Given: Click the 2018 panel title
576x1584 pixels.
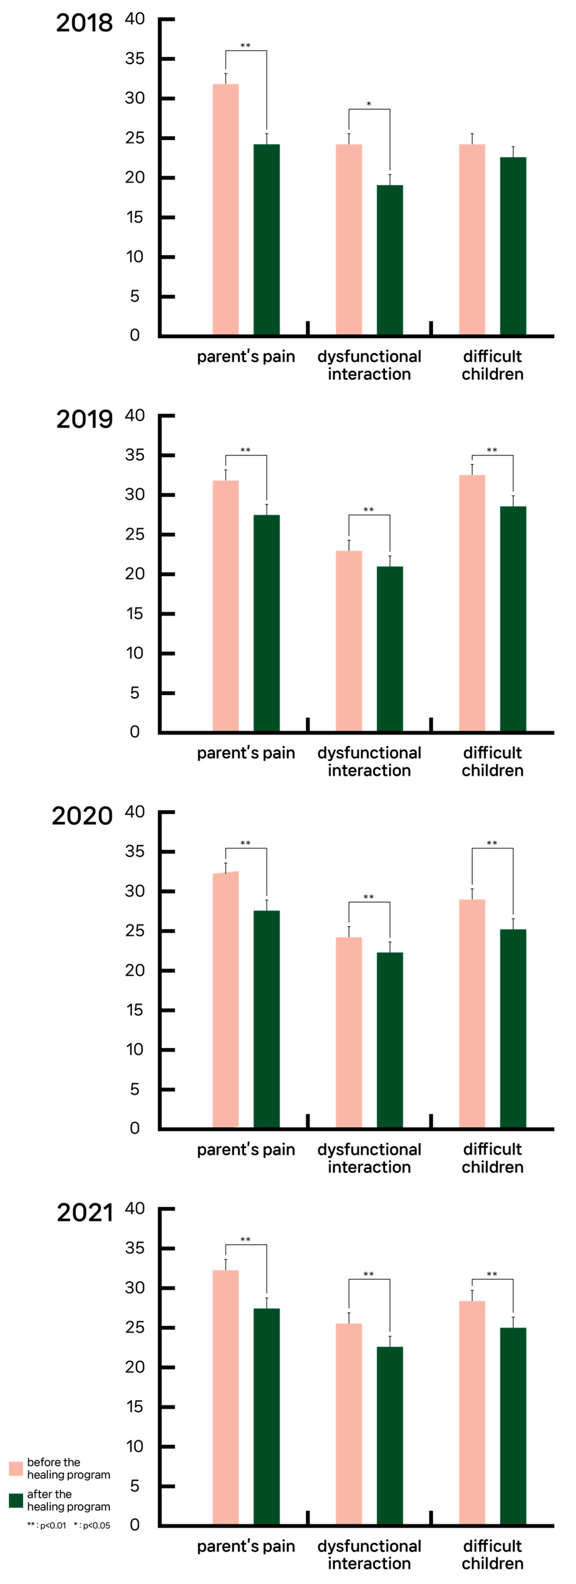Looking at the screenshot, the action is (x=84, y=23).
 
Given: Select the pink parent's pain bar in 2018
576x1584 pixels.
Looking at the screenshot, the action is (x=226, y=210).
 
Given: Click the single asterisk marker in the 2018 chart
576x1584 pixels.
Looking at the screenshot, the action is (x=369, y=104).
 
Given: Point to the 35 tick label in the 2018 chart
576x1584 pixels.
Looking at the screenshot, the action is (x=135, y=58).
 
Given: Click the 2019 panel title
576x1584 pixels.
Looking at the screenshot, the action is (x=84, y=420).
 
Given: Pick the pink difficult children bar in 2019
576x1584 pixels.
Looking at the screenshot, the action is (x=472, y=603).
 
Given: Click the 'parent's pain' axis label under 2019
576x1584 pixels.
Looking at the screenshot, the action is (x=246, y=753).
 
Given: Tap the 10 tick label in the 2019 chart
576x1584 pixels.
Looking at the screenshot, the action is (x=135, y=653).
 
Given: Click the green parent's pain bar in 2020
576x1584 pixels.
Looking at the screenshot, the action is (x=267, y=1020).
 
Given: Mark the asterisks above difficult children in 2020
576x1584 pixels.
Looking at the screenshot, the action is (x=492, y=843).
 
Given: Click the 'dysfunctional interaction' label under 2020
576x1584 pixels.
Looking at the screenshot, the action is (x=369, y=1159).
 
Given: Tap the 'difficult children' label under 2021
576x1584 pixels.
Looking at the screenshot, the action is (x=492, y=1554).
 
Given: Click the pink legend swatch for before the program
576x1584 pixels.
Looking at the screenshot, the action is (x=16, y=1468).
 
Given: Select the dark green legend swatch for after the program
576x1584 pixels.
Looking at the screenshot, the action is (x=16, y=1500).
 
